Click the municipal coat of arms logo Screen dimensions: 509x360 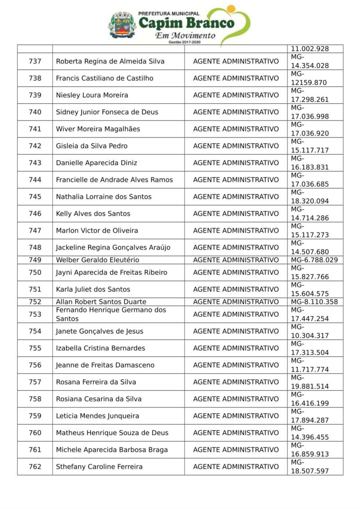coord(122,25)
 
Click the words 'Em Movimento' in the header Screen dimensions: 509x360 coord(185,36)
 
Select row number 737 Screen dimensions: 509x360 coord(35,61)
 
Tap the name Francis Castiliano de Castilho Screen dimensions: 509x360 coord(104,78)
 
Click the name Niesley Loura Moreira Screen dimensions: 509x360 coord(92,95)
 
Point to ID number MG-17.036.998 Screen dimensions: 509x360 coord(310,112)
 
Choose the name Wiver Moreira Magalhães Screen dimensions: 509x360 coord(98,129)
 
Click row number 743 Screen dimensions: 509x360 coord(35,163)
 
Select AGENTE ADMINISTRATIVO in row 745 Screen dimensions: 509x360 coord(236,196)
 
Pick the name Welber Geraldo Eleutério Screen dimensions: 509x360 coord(97,260)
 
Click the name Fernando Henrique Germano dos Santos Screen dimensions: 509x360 coord(111,314)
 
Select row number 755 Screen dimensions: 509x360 coord(35,348)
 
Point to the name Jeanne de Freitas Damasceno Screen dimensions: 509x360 coord(105,365)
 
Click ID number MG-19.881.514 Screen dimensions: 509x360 coord(310,382)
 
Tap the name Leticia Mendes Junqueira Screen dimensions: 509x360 coord(97,416)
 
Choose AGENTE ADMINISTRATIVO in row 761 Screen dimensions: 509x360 coord(236,450)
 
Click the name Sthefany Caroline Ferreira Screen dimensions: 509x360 coord(99,467)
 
